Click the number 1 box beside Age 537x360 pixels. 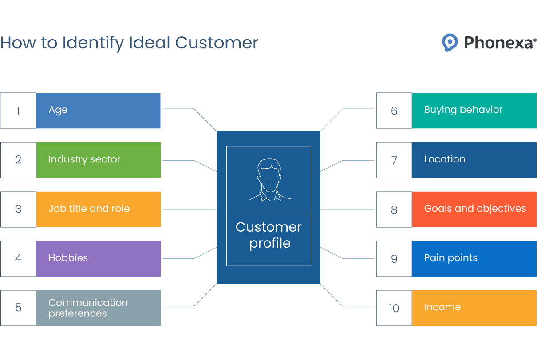tap(18, 111)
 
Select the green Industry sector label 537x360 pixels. tap(98, 160)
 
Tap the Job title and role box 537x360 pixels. tap(98, 209)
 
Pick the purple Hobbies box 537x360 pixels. tap(98, 258)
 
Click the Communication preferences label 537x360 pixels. tap(98, 308)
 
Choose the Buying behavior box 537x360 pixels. tap(474, 110)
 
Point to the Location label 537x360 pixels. tap(474, 160)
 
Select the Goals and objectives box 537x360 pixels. tap(474, 209)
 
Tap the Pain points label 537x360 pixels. tap(474, 258)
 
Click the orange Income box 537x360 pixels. tap(474, 308)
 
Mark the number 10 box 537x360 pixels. tap(394, 308)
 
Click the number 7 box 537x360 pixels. tap(394, 160)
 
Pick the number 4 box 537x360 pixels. tap(18, 258)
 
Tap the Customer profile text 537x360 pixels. tap(269, 235)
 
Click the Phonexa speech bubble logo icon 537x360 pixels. tap(450, 43)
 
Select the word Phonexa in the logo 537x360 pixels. tap(498, 43)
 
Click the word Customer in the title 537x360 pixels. tap(216, 43)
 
